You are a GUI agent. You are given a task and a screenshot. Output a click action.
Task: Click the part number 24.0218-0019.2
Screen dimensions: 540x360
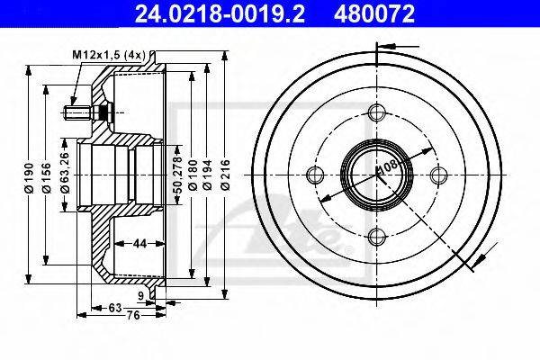click(220, 13)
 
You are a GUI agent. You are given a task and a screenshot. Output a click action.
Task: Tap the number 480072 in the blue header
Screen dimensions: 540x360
click(374, 13)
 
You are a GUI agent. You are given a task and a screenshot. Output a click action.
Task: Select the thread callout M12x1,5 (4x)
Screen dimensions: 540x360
click(109, 55)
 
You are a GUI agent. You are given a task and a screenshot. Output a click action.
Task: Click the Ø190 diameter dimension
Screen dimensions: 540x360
click(29, 178)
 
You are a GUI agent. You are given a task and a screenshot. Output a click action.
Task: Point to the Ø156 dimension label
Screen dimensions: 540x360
click(46, 178)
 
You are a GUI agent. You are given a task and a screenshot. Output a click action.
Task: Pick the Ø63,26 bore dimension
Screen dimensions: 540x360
click(65, 172)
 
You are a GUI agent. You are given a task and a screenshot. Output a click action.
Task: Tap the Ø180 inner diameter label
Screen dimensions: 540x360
click(193, 175)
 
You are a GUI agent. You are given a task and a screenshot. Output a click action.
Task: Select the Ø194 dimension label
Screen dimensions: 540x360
click(207, 175)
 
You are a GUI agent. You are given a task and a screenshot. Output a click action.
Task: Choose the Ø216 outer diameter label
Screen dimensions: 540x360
click(225, 175)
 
